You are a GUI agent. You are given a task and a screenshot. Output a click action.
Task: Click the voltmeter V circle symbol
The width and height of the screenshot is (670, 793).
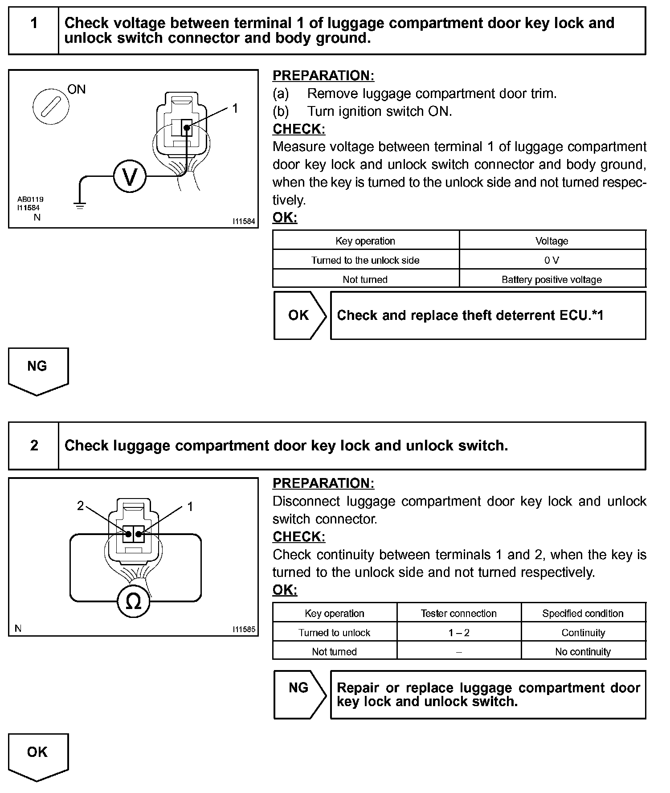pos(130,176)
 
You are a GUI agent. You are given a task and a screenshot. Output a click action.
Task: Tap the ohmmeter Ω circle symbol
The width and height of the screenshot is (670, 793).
pos(134,602)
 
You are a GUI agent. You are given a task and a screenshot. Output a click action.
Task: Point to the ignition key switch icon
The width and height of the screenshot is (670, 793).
pos(51,107)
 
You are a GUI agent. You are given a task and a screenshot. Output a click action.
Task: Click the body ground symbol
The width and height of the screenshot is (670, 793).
pos(80,206)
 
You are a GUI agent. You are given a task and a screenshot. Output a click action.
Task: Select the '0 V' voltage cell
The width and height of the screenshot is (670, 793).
pos(552,260)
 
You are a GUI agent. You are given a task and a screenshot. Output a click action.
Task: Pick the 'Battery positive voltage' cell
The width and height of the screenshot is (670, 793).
pos(552,279)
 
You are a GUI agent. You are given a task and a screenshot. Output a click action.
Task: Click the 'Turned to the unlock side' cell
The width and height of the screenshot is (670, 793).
pos(365,260)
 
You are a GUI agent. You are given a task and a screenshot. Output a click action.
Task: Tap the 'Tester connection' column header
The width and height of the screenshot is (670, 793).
pos(459,613)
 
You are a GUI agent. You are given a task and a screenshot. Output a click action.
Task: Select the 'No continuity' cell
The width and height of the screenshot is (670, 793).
pos(583,652)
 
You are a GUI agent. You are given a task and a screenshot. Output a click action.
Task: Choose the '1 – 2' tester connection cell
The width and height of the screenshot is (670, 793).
pos(459,633)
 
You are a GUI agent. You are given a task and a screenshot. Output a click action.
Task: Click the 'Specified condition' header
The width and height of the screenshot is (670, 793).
pos(583,613)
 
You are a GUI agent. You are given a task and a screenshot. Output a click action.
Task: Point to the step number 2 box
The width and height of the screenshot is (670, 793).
pos(34,446)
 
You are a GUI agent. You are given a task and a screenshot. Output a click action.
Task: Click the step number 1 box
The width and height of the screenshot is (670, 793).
pos(34,23)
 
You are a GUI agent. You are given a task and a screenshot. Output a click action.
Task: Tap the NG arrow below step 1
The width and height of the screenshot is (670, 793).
pos(37,370)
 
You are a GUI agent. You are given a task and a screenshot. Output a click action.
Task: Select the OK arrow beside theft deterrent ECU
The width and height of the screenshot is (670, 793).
pos(299,315)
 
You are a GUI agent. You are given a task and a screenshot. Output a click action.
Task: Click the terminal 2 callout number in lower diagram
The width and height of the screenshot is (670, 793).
pos(80,506)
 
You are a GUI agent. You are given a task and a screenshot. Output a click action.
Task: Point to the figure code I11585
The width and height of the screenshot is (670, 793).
pos(244,629)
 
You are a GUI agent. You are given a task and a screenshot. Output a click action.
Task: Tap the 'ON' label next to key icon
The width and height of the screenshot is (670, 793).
pos(76,90)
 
